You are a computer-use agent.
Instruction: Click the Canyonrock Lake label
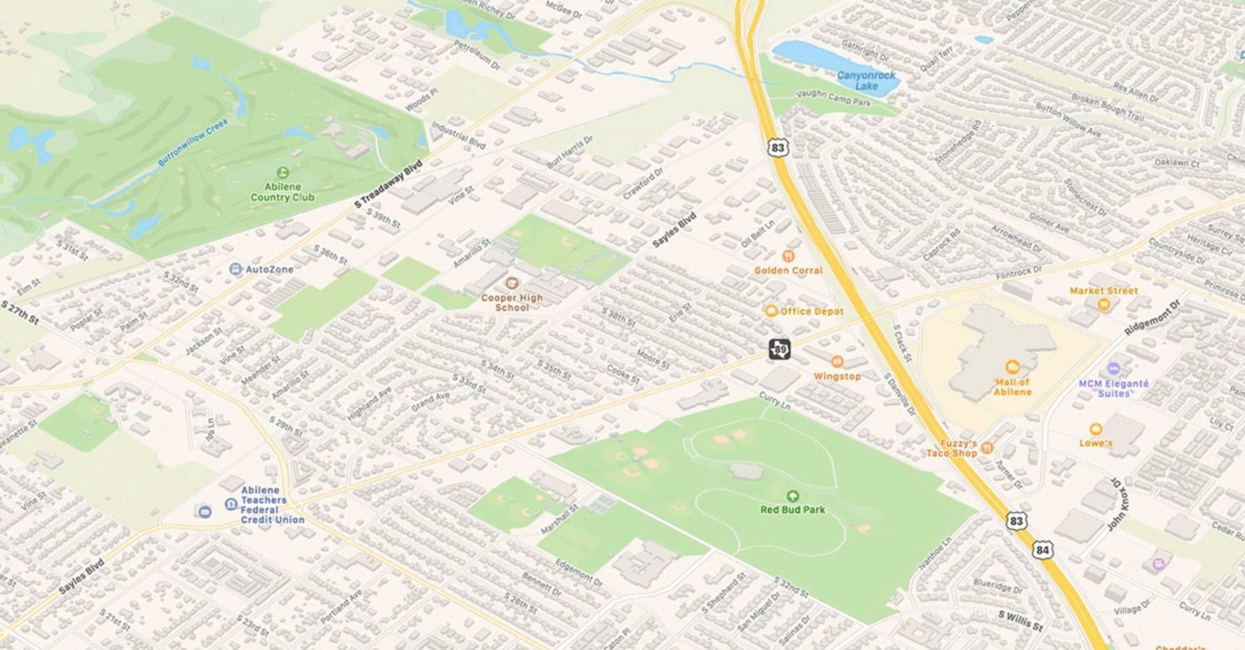click(866, 80)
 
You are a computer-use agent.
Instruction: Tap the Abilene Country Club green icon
click(283, 172)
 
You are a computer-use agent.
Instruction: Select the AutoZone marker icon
click(236, 269)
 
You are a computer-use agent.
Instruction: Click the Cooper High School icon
click(512, 283)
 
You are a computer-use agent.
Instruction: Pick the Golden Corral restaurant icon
click(789, 256)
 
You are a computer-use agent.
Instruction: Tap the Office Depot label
click(812, 311)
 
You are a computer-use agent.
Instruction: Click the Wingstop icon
click(837, 362)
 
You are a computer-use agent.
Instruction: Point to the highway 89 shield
click(780, 349)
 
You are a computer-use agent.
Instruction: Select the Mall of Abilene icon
click(1012, 367)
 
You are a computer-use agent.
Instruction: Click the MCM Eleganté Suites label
click(1113, 388)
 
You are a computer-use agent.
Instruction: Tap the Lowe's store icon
click(1096, 429)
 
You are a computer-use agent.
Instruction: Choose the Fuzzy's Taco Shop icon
click(987, 448)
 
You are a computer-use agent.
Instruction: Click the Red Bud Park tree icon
click(792, 496)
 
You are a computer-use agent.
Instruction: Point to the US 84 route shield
click(1042, 549)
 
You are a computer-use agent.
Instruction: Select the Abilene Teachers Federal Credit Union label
click(272, 505)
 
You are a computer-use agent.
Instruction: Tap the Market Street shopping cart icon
click(1103, 304)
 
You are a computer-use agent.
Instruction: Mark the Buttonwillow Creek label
click(193, 142)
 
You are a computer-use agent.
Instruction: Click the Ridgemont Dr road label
click(1152, 318)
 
